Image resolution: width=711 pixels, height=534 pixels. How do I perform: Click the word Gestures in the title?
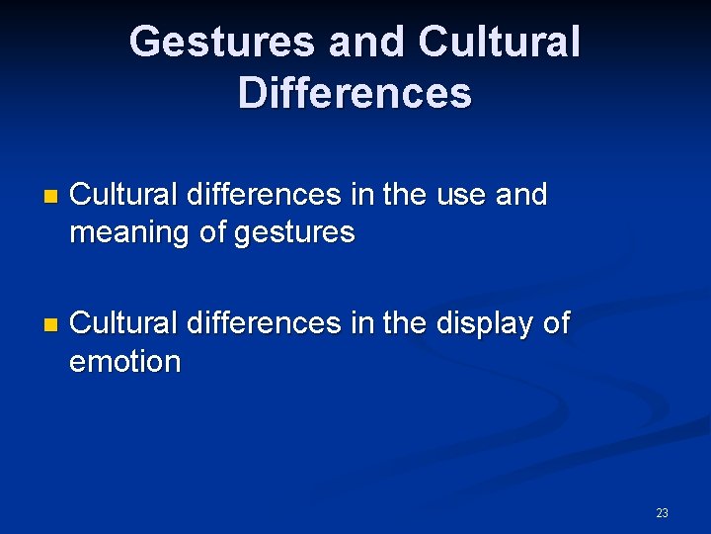coord(221,42)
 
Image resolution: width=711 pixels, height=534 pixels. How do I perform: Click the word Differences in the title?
coord(355,93)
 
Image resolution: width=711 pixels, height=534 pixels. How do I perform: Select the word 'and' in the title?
coord(365,42)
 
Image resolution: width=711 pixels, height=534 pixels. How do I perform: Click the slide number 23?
coord(662,512)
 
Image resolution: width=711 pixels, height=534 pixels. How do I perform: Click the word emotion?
coord(125,362)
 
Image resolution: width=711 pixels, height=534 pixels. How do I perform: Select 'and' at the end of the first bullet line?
coord(521,195)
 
